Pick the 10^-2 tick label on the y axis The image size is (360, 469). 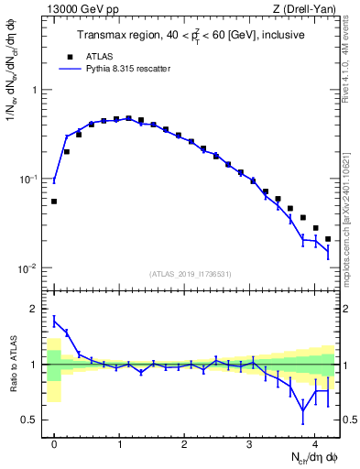pos(29,267)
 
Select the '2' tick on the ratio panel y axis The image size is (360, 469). pos(36,309)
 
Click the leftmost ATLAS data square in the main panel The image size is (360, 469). pos(54,202)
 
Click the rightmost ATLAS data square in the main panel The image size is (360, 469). pos(328,239)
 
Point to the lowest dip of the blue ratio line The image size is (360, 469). pos(303,411)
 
